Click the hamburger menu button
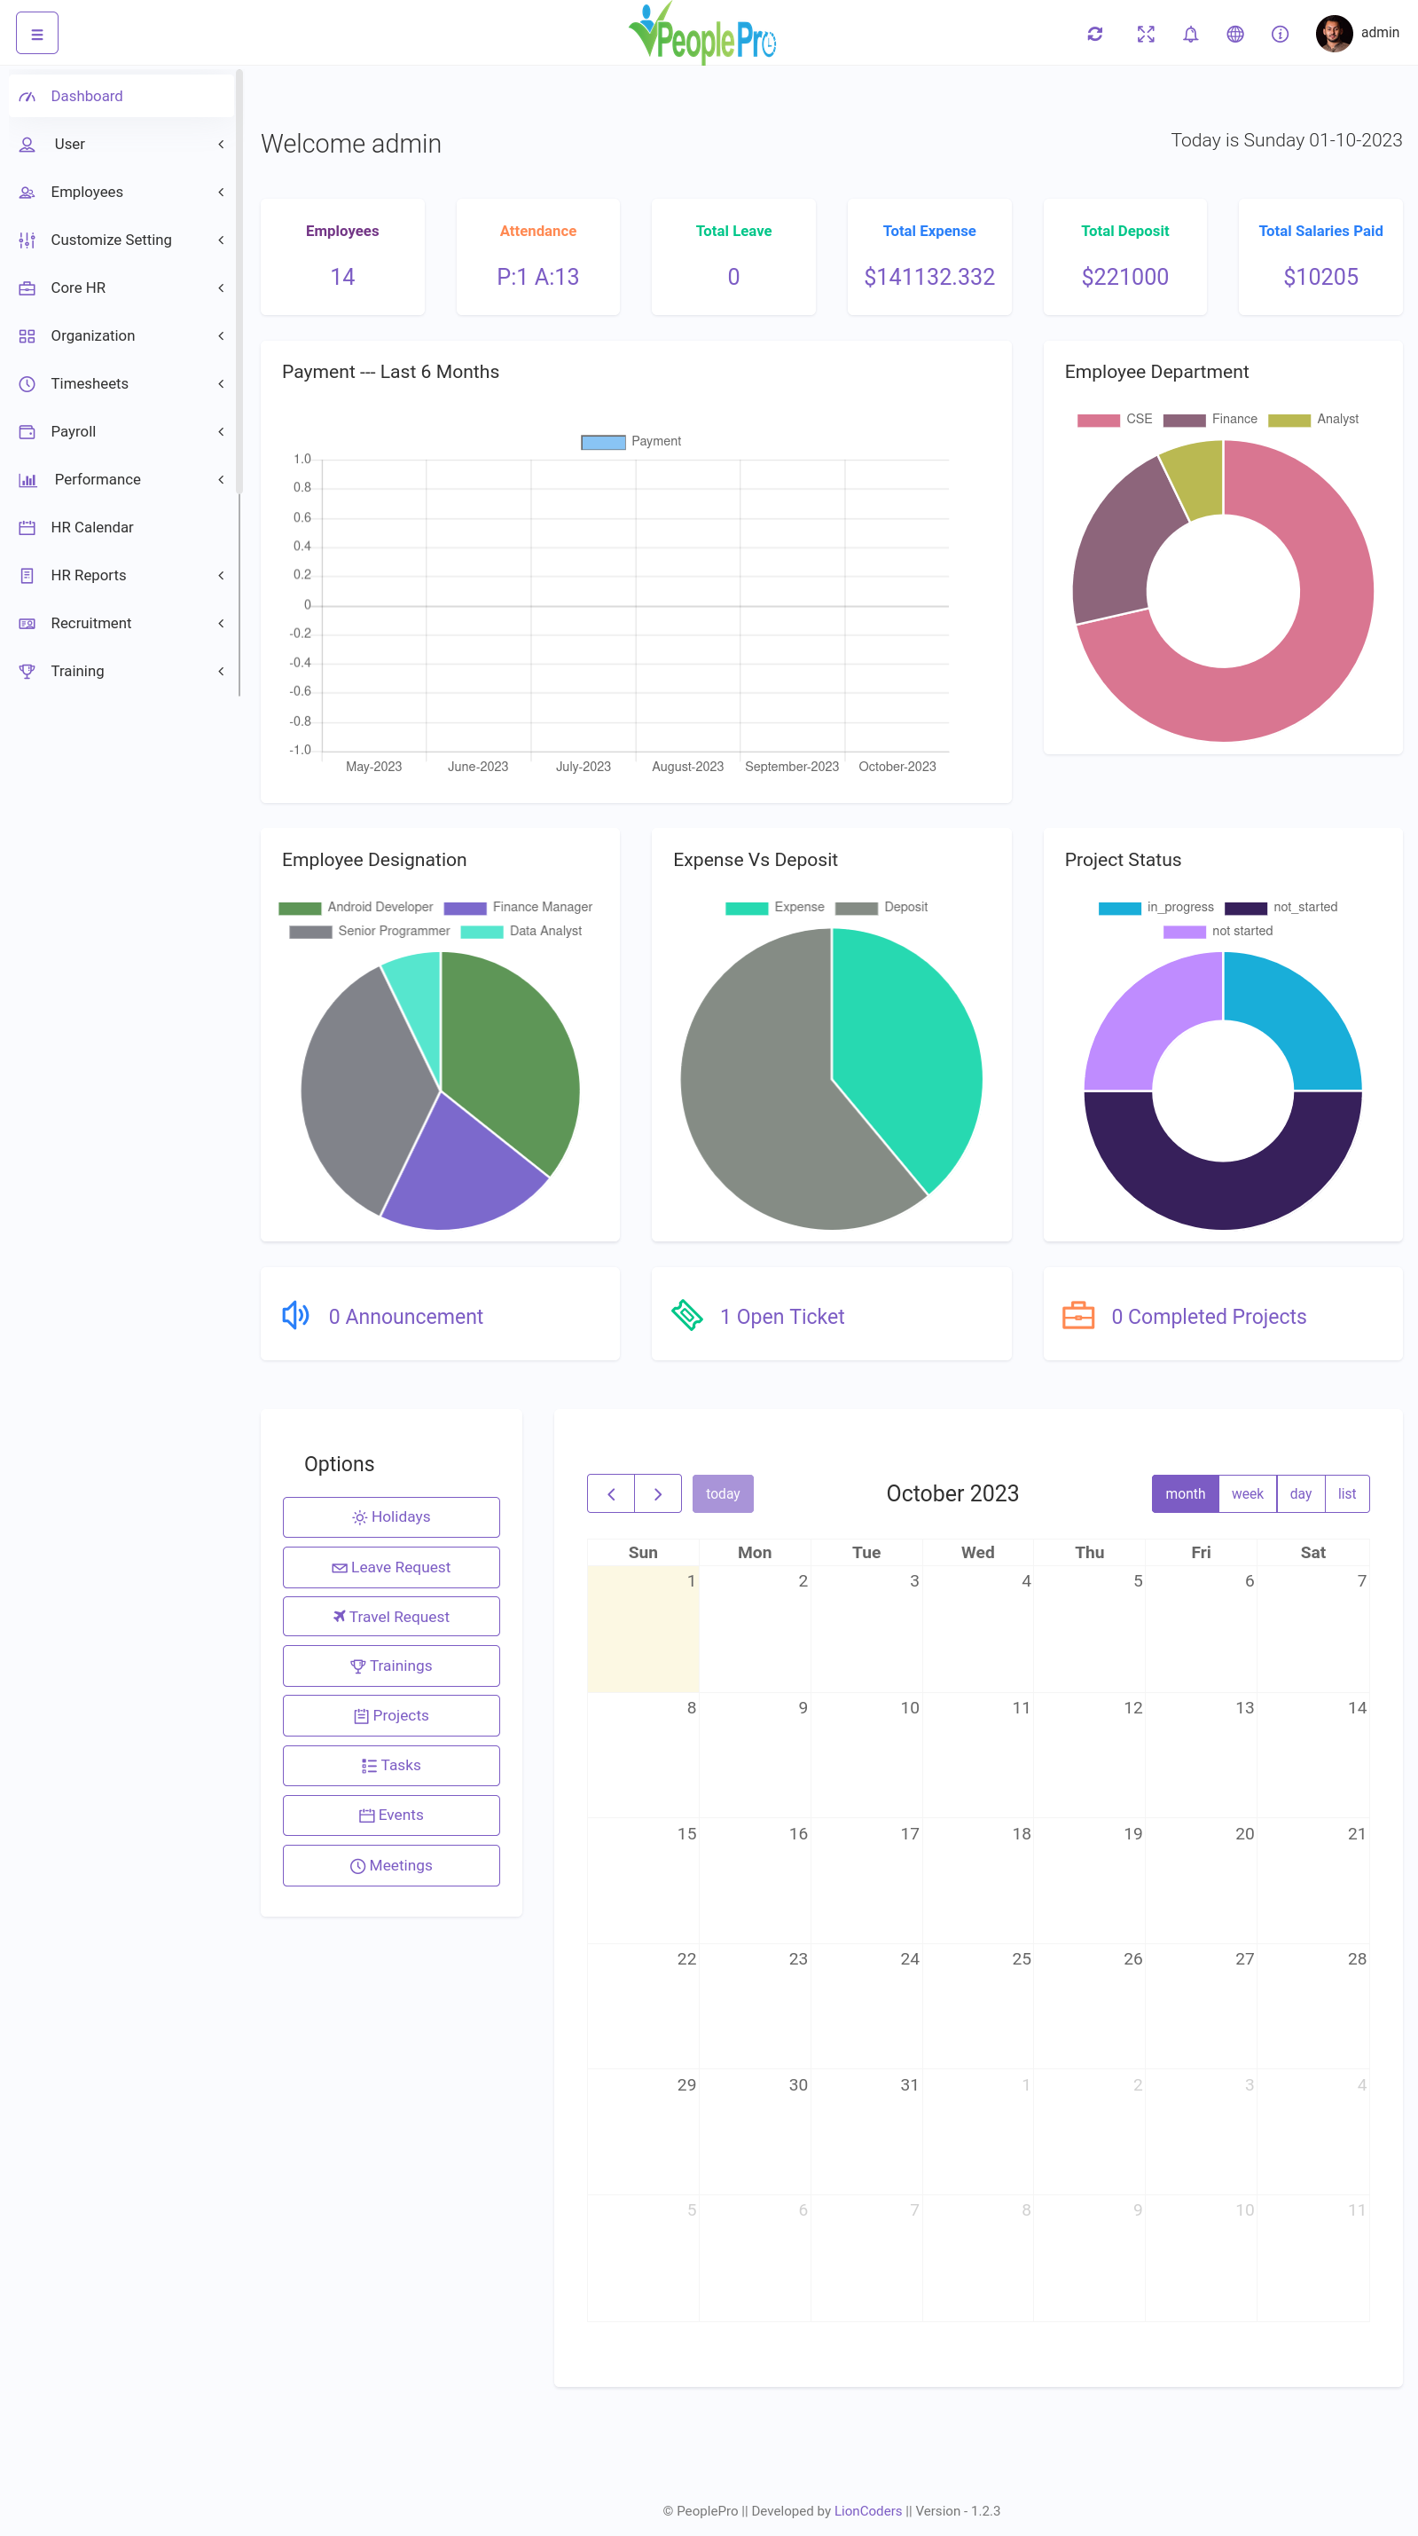36,34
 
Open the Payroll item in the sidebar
74,431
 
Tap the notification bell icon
1190,35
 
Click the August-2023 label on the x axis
687,767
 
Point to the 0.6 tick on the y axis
302,516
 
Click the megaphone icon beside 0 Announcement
295,1315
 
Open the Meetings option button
391,1865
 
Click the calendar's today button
722,1493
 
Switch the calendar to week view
1247,1493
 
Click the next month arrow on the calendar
657,1493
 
